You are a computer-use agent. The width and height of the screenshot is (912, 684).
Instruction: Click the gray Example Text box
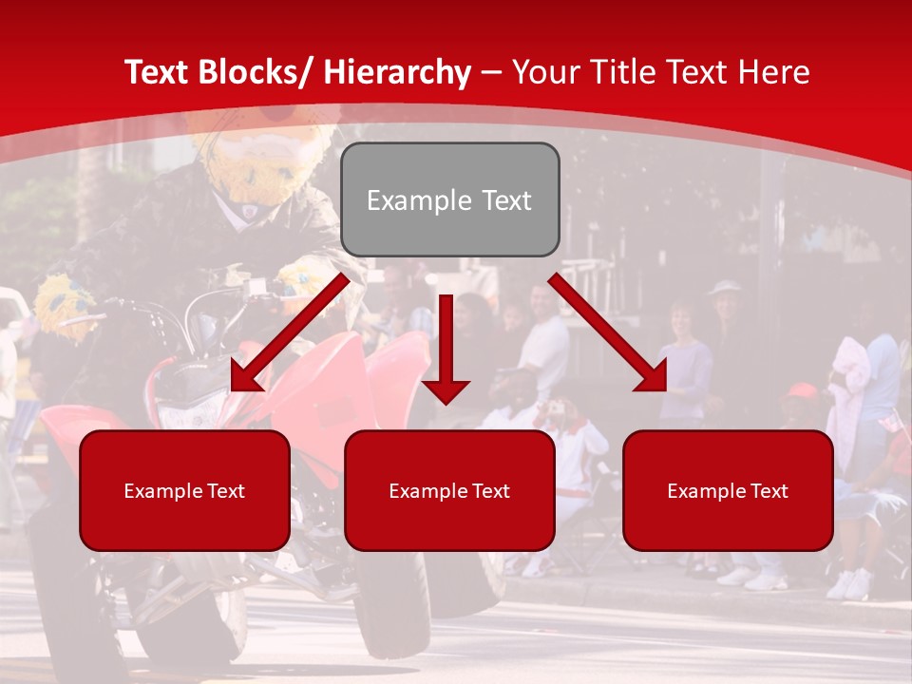coord(449,200)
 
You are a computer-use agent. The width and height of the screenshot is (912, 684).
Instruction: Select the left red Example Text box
coord(184,490)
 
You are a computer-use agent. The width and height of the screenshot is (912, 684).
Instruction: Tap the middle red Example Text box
coord(449,490)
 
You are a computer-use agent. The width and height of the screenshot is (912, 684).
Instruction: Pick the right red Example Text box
coord(728,490)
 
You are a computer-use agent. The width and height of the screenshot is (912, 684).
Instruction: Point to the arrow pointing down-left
coord(290,332)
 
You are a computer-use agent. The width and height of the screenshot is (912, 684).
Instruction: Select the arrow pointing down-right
coord(608,332)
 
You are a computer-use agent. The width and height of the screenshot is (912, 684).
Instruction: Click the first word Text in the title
coord(160,72)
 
